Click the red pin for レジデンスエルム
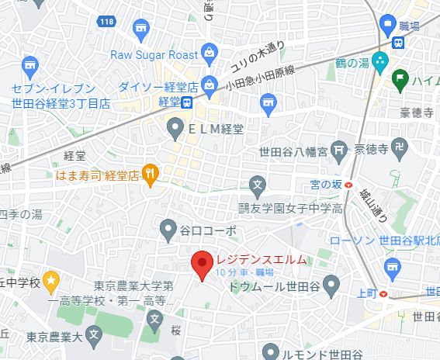(203, 265)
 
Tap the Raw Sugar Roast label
(155, 54)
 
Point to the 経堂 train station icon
(188, 102)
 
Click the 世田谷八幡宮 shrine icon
(338, 148)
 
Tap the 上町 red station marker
(386, 293)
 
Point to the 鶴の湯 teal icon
(380, 61)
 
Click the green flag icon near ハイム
(400, 78)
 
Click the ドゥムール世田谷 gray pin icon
(330, 286)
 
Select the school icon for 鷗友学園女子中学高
(258, 185)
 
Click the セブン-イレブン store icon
(30, 65)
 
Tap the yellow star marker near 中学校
(51, 279)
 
